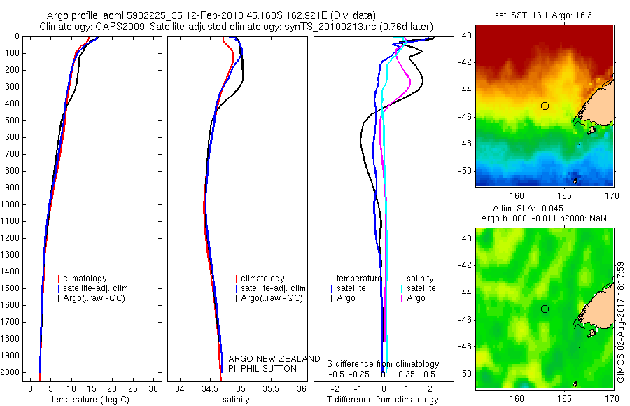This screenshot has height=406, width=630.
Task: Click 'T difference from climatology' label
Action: pos(383,400)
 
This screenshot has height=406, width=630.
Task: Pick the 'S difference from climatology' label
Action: pos(384,364)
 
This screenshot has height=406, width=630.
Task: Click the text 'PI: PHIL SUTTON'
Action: pos(262,368)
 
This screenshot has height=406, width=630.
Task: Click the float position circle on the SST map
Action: pos(545,106)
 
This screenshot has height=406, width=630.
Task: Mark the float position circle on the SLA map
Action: pos(545,309)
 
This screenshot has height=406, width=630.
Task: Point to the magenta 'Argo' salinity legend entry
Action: pos(416,298)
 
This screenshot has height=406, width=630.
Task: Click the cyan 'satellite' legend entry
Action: pos(421,288)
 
